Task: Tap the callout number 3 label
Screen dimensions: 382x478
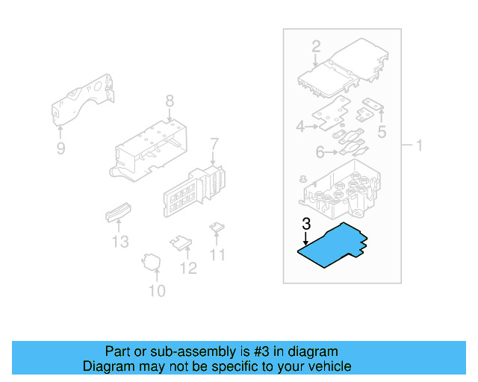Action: click(x=305, y=224)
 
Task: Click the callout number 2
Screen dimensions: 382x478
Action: click(x=316, y=46)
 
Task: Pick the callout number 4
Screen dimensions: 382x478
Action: click(x=300, y=127)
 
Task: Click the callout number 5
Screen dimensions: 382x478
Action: click(x=382, y=133)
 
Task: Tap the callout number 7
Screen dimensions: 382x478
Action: click(x=214, y=143)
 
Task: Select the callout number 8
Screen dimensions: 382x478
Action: click(x=170, y=101)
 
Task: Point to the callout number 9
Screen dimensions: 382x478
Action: click(x=60, y=148)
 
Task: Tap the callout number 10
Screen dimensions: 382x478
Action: click(x=157, y=290)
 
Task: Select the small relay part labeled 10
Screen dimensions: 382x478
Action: click(x=152, y=261)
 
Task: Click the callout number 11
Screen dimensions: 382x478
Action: click(x=217, y=255)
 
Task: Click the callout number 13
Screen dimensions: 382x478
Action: click(x=120, y=242)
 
